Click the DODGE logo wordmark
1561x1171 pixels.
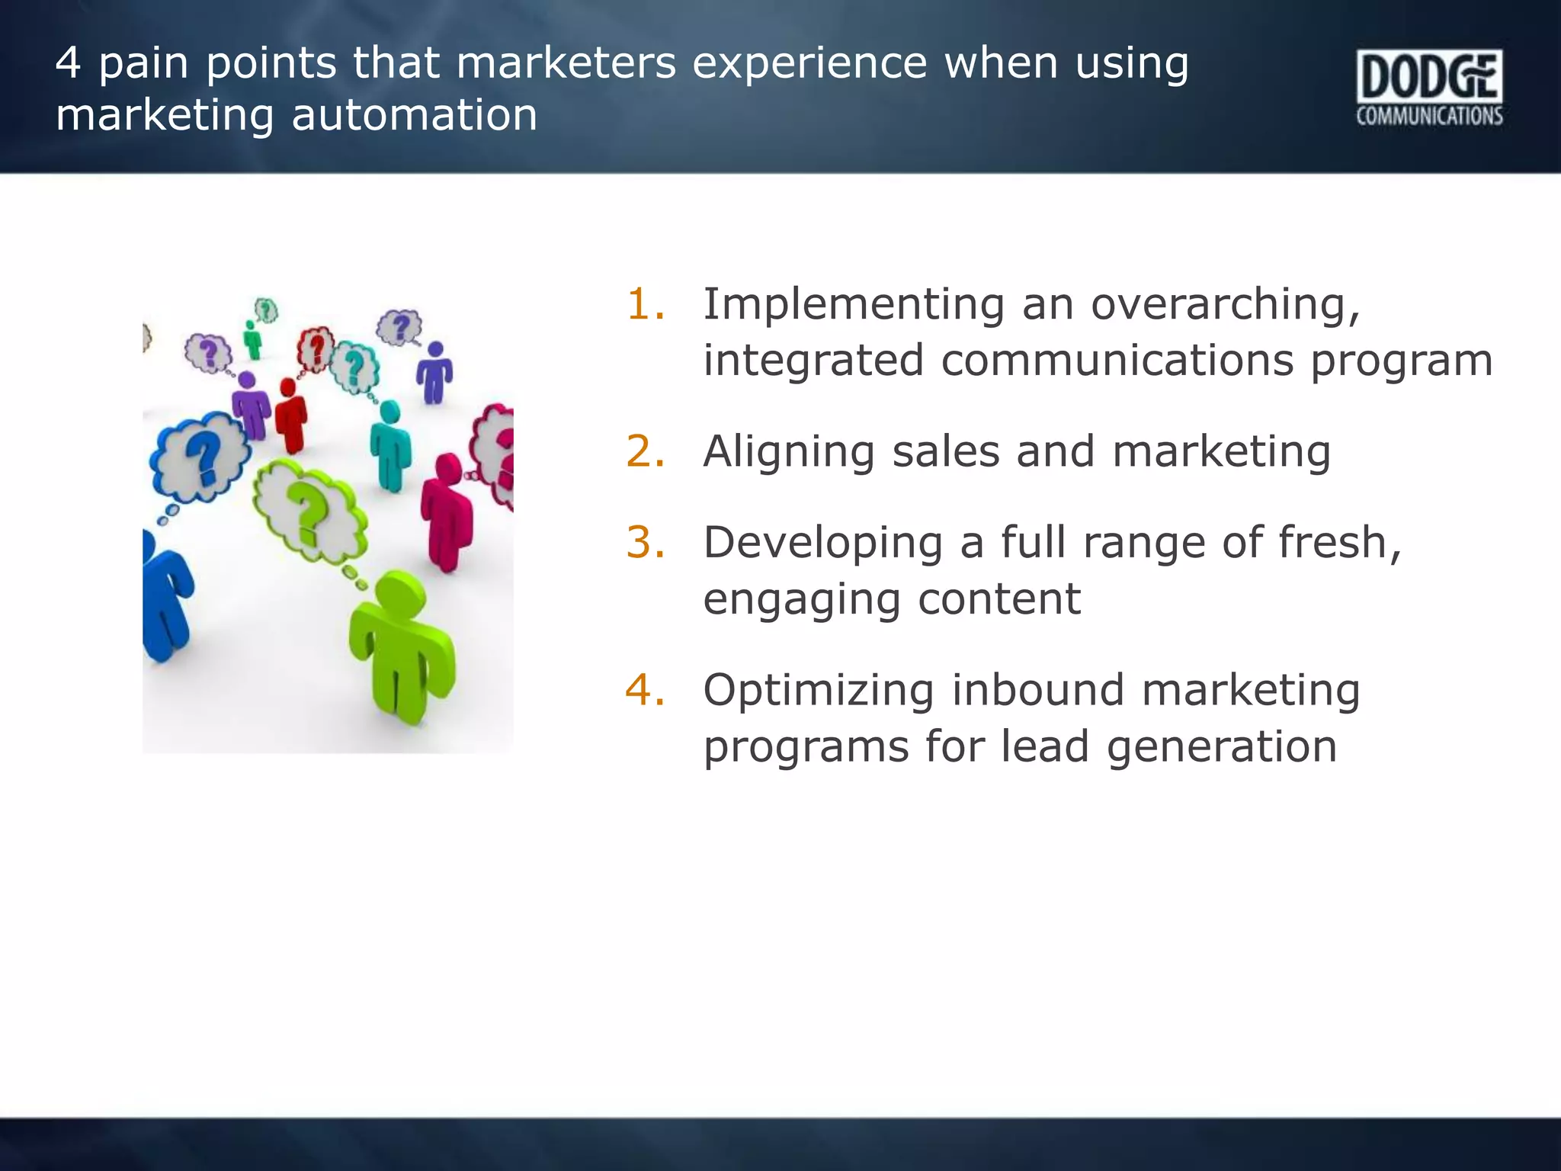[x=1428, y=77]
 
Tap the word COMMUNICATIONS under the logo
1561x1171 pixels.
[x=1429, y=116]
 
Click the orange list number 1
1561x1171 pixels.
[x=645, y=303]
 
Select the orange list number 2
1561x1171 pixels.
[x=645, y=451]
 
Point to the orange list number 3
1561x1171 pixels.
[x=645, y=542]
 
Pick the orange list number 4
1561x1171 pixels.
[x=645, y=689]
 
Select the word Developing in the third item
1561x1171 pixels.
[x=822, y=544]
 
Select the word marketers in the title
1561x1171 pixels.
[x=566, y=63]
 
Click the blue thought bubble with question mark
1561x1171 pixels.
[x=200, y=457]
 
